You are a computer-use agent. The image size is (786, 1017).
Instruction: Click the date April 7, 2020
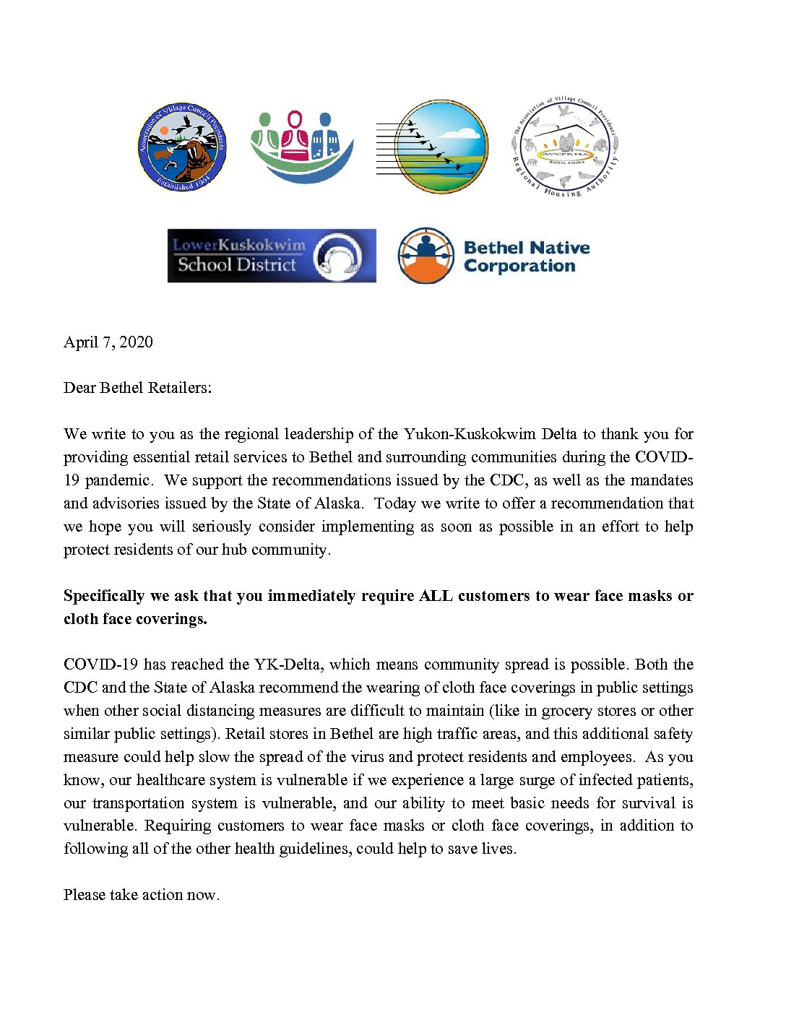coord(108,342)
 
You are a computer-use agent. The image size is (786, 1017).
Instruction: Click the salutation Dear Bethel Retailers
coord(137,388)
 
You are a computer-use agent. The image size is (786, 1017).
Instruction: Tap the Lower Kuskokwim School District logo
coord(272,256)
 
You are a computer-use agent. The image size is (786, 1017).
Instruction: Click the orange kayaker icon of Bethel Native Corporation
coord(426,256)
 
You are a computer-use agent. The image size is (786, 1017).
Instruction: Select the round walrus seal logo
coord(183,147)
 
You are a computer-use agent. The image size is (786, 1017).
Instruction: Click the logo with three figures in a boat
coord(301,147)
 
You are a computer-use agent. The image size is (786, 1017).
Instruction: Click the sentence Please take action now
coord(142,895)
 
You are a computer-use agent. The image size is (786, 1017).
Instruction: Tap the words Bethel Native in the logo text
coord(526,248)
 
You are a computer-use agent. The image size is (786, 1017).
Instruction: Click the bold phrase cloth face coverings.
coord(135,619)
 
